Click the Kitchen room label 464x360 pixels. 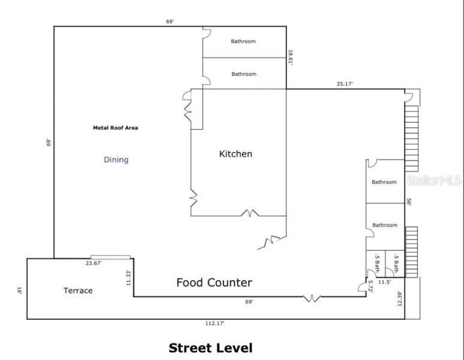(x=235, y=154)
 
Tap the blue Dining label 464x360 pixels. (x=116, y=160)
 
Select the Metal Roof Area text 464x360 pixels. (x=115, y=128)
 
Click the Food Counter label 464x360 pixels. (x=214, y=283)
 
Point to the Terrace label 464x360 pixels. (x=78, y=290)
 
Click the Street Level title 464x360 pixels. (x=211, y=348)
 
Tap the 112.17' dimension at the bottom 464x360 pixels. (x=215, y=323)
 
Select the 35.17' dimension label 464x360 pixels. (x=345, y=84)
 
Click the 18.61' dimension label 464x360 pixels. (x=291, y=58)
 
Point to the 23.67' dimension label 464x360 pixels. (x=94, y=263)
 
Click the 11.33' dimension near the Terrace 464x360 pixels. (x=128, y=278)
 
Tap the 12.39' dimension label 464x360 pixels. (x=400, y=298)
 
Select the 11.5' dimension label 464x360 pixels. (x=384, y=282)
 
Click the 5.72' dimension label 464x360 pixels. (x=370, y=286)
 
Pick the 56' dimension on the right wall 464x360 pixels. (x=409, y=202)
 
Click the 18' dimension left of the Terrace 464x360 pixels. (x=20, y=290)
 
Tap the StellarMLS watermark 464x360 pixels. (x=434, y=180)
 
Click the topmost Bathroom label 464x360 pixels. (x=243, y=41)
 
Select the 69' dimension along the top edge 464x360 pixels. (x=170, y=22)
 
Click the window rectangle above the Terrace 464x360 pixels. (x=110, y=257)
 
